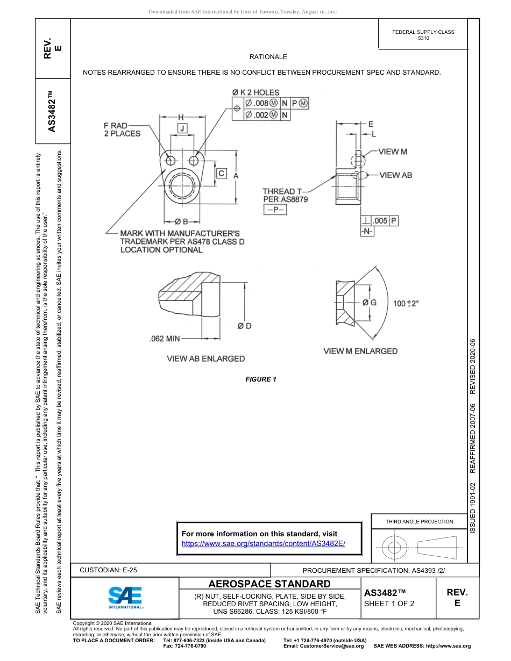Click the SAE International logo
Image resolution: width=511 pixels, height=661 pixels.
125,597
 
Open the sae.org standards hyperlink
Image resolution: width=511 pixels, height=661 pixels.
264,543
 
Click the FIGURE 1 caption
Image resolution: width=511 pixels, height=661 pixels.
261,379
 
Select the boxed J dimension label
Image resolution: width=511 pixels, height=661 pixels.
183,128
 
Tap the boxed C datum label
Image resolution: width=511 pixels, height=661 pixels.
221,173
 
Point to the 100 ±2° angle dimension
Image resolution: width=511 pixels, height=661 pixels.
406,303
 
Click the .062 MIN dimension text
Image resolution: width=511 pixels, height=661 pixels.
164,339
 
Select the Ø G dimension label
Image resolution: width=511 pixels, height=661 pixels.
369,303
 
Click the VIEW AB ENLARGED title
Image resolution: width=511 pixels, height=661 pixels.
205,358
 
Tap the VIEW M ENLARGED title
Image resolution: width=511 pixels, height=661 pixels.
360,351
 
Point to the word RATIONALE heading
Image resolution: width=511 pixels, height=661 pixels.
268,56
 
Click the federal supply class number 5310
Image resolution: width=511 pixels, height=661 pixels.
423,39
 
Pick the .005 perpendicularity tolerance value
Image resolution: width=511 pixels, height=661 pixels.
380,221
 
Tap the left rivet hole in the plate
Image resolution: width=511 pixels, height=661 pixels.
171,160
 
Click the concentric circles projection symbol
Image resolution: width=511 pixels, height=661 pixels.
395,547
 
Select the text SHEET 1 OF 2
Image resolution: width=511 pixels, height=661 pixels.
389,603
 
